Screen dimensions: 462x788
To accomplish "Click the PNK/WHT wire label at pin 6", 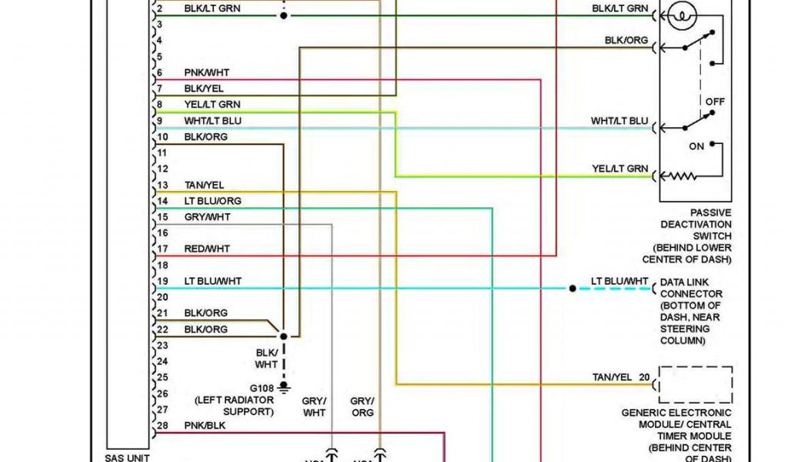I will (x=206, y=72).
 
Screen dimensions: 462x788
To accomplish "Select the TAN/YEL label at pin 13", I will (x=204, y=185).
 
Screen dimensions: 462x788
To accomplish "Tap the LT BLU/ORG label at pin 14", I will (x=212, y=201).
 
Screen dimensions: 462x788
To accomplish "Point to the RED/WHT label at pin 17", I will (x=206, y=249).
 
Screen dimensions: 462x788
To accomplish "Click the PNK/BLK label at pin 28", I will (x=205, y=425).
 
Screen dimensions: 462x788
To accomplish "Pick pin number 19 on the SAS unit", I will (x=162, y=281).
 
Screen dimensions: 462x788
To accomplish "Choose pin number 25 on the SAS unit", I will (x=162, y=377).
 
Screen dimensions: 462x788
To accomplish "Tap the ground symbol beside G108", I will (x=284, y=386).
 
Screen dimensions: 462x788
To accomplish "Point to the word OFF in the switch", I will (x=715, y=102).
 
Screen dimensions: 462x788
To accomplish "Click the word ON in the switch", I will (x=696, y=146).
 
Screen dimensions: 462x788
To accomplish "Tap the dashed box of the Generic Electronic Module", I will (x=696, y=384).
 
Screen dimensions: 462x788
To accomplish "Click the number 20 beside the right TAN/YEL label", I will (x=643, y=377).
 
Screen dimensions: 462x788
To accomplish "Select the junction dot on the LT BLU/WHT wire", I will (x=573, y=289).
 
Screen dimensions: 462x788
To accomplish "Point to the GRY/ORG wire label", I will (x=362, y=407).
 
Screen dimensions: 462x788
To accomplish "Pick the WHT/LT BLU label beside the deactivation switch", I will (x=619, y=121).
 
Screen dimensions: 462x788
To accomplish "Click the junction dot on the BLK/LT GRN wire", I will (x=284, y=15).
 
